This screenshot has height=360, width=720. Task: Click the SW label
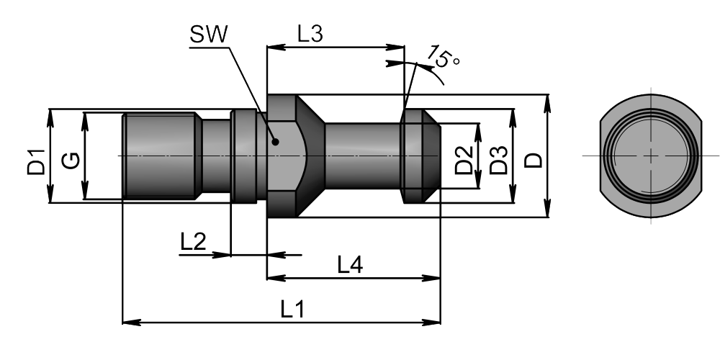209,35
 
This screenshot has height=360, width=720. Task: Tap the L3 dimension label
310,34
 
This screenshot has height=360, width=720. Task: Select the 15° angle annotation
444,56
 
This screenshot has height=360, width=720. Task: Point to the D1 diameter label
37,162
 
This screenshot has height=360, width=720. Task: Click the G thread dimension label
71,161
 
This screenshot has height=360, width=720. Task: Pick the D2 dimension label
464,160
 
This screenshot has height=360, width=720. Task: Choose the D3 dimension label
499,160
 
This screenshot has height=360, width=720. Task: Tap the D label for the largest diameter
534,161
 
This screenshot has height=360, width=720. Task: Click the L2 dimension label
193,241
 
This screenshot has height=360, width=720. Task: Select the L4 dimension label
351,265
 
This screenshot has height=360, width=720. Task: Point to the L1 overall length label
293,310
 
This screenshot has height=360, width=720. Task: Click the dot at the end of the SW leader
275,141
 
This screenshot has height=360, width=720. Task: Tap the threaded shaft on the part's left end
161,156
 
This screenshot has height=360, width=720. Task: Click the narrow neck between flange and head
363,156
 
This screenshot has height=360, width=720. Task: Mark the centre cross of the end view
651,156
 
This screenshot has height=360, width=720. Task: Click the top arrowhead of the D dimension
547,103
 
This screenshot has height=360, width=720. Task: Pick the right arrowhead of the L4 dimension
431,278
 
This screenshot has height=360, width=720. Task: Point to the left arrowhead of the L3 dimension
276,47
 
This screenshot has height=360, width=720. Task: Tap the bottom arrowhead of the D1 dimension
50,194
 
